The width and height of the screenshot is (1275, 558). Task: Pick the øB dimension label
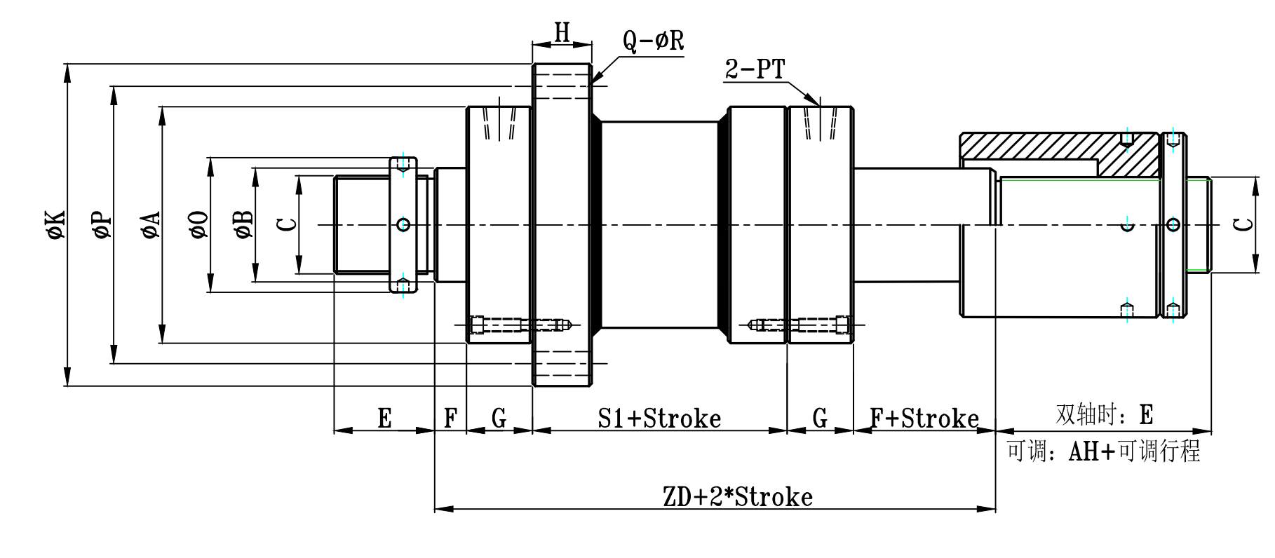[x=243, y=224]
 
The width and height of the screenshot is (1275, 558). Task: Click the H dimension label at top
[x=562, y=32]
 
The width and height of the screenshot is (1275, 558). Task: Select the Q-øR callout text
[x=653, y=41]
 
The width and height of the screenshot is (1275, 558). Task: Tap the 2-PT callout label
[x=755, y=69]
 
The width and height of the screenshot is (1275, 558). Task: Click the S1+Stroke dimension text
[x=659, y=418]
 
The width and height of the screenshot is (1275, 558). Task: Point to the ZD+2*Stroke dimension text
[x=738, y=497]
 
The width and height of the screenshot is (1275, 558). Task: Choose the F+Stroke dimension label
[x=924, y=418]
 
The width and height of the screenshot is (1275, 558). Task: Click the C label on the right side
[x=1243, y=224]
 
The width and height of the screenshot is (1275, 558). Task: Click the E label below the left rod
[x=384, y=418]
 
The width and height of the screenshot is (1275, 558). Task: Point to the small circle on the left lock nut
[x=403, y=224]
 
